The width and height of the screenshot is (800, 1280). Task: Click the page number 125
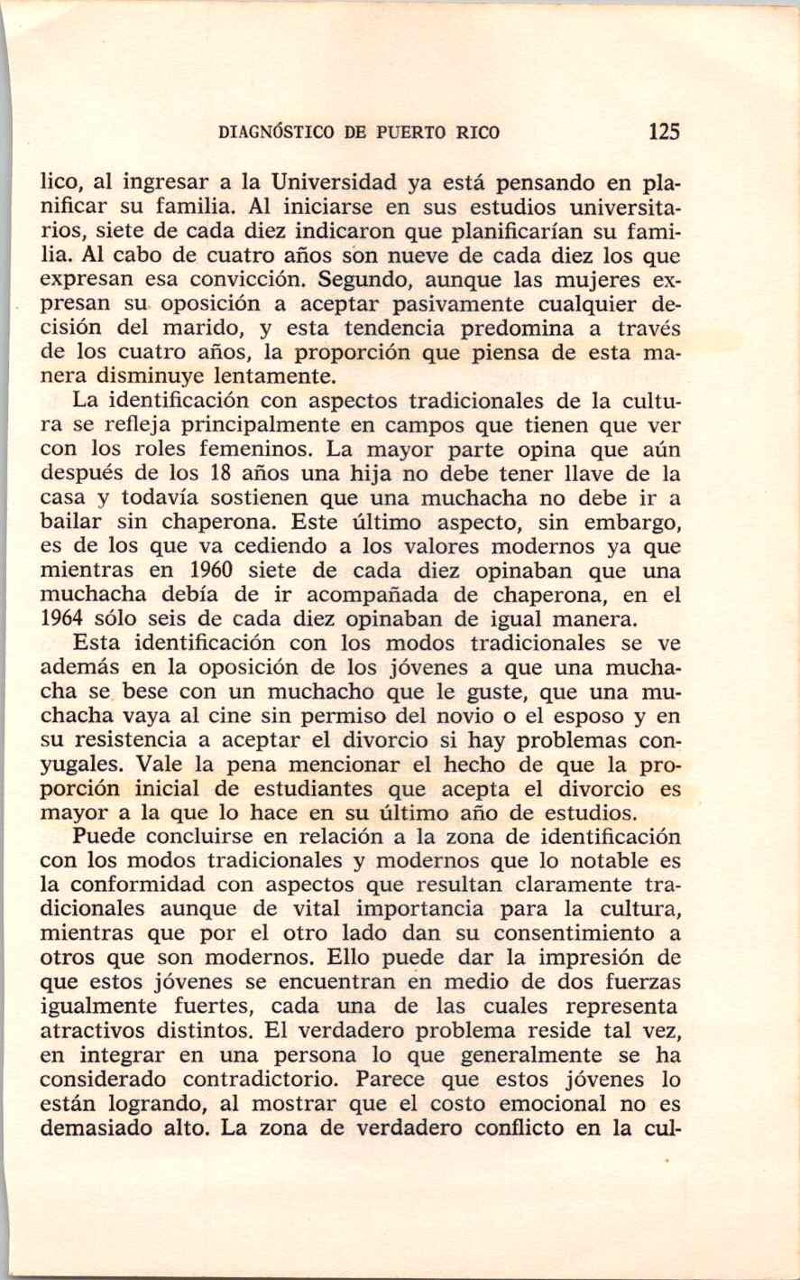pyautogui.click(x=663, y=133)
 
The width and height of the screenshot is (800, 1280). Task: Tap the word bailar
pyautogui.click(x=70, y=522)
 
